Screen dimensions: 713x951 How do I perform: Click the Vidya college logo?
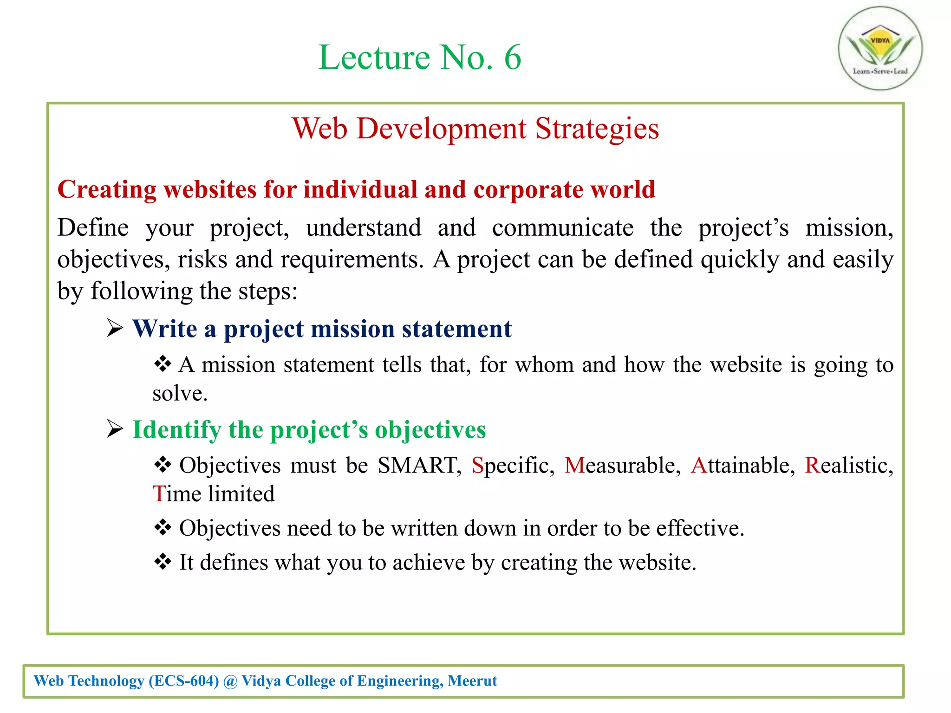pyautogui.click(x=880, y=48)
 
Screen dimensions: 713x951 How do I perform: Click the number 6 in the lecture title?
pyautogui.click(x=512, y=58)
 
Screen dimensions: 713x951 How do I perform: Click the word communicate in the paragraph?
pyautogui.click(x=562, y=228)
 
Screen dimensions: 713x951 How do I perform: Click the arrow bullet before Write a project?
pyautogui.click(x=115, y=328)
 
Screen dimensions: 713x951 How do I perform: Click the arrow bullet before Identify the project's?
pyautogui.click(x=115, y=429)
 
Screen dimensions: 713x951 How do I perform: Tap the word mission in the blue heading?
pyautogui.click(x=352, y=329)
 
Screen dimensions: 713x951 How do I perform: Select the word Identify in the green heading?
pyautogui.click(x=176, y=430)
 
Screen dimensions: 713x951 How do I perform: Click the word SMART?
pyautogui.click(x=417, y=465)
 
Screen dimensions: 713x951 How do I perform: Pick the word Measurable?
pyautogui.click(x=622, y=465)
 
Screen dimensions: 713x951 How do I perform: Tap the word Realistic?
pyautogui.click(x=848, y=465)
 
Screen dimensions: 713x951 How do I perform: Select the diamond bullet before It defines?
pyautogui.click(x=163, y=562)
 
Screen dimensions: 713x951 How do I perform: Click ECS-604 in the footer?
pyautogui.click(x=184, y=681)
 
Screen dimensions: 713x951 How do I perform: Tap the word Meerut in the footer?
pyautogui.click(x=472, y=681)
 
